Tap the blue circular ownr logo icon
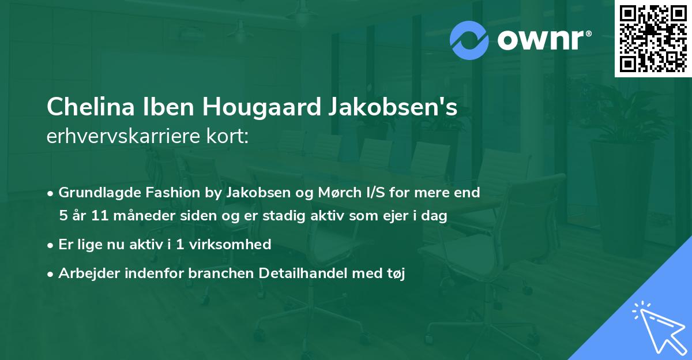(469, 40)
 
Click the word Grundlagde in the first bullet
(94, 193)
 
